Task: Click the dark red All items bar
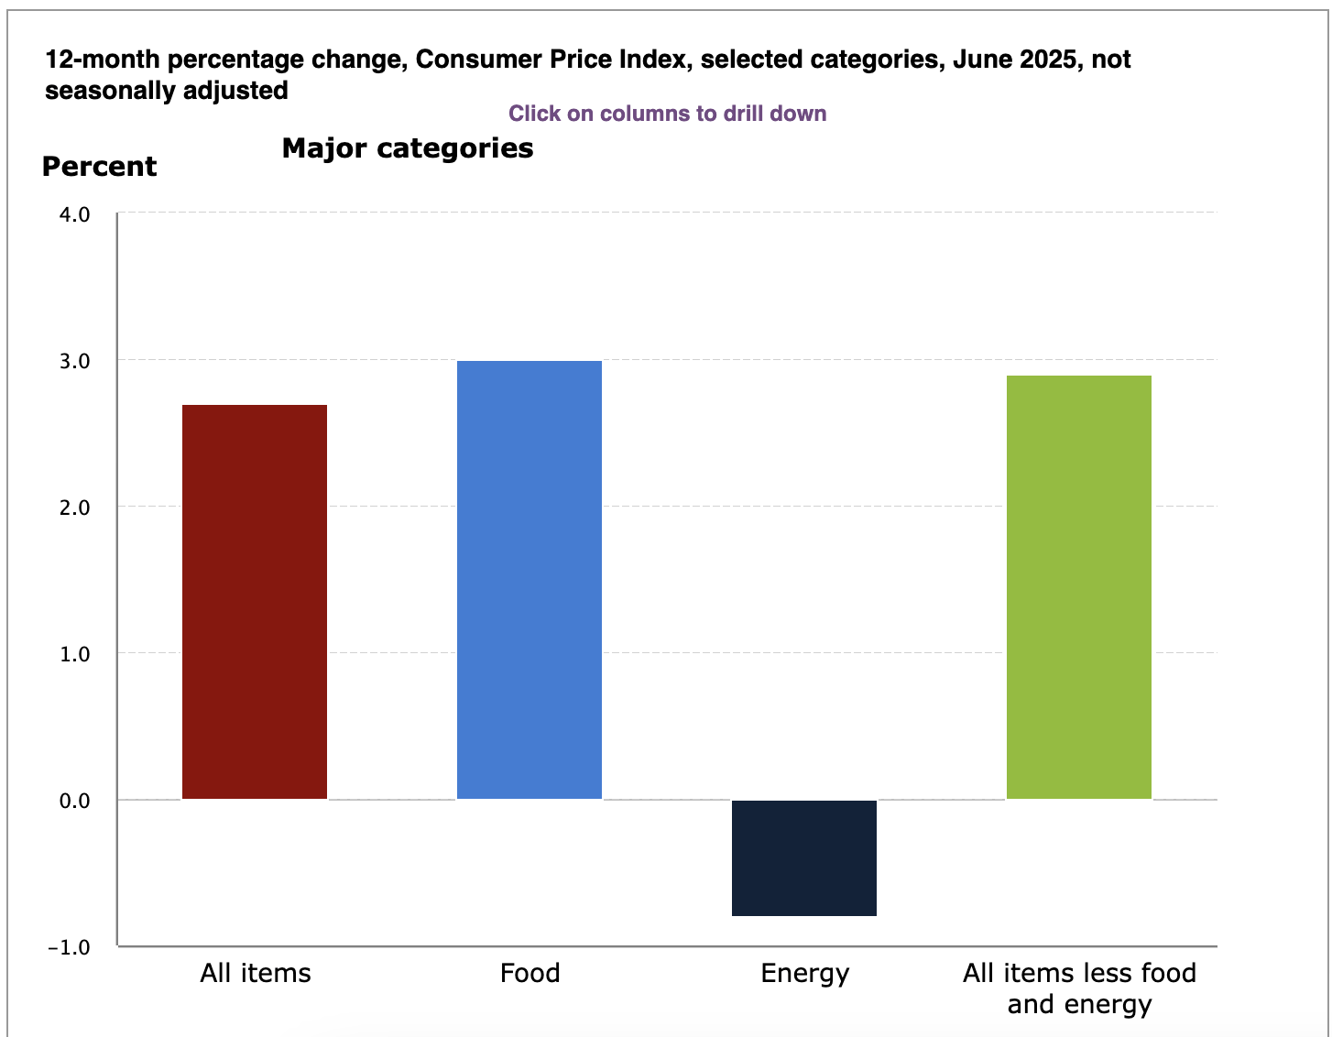pyautogui.click(x=255, y=602)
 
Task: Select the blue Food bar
pyautogui.click(x=530, y=580)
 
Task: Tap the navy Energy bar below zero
pyautogui.click(x=804, y=857)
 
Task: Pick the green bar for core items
pyautogui.click(x=1079, y=587)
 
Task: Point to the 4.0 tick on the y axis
pyautogui.click(x=75, y=214)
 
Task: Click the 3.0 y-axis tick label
pyautogui.click(x=75, y=361)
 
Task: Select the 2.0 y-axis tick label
pyautogui.click(x=75, y=508)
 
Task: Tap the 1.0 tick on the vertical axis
pyautogui.click(x=75, y=654)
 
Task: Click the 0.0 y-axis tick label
pyautogui.click(x=75, y=801)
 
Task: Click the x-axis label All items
pyautogui.click(x=256, y=973)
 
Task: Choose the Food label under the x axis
pyautogui.click(x=530, y=973)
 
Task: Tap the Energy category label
pyautogui.click(x=804, y=974)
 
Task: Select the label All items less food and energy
pyautogui.click(x=1079, y=988)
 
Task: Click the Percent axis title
pyautogui.click(x=100, y=167)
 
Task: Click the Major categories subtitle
pyautogui.click(x=408, y=148)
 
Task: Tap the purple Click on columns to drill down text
pyautogui.click(x=667, y=114)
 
